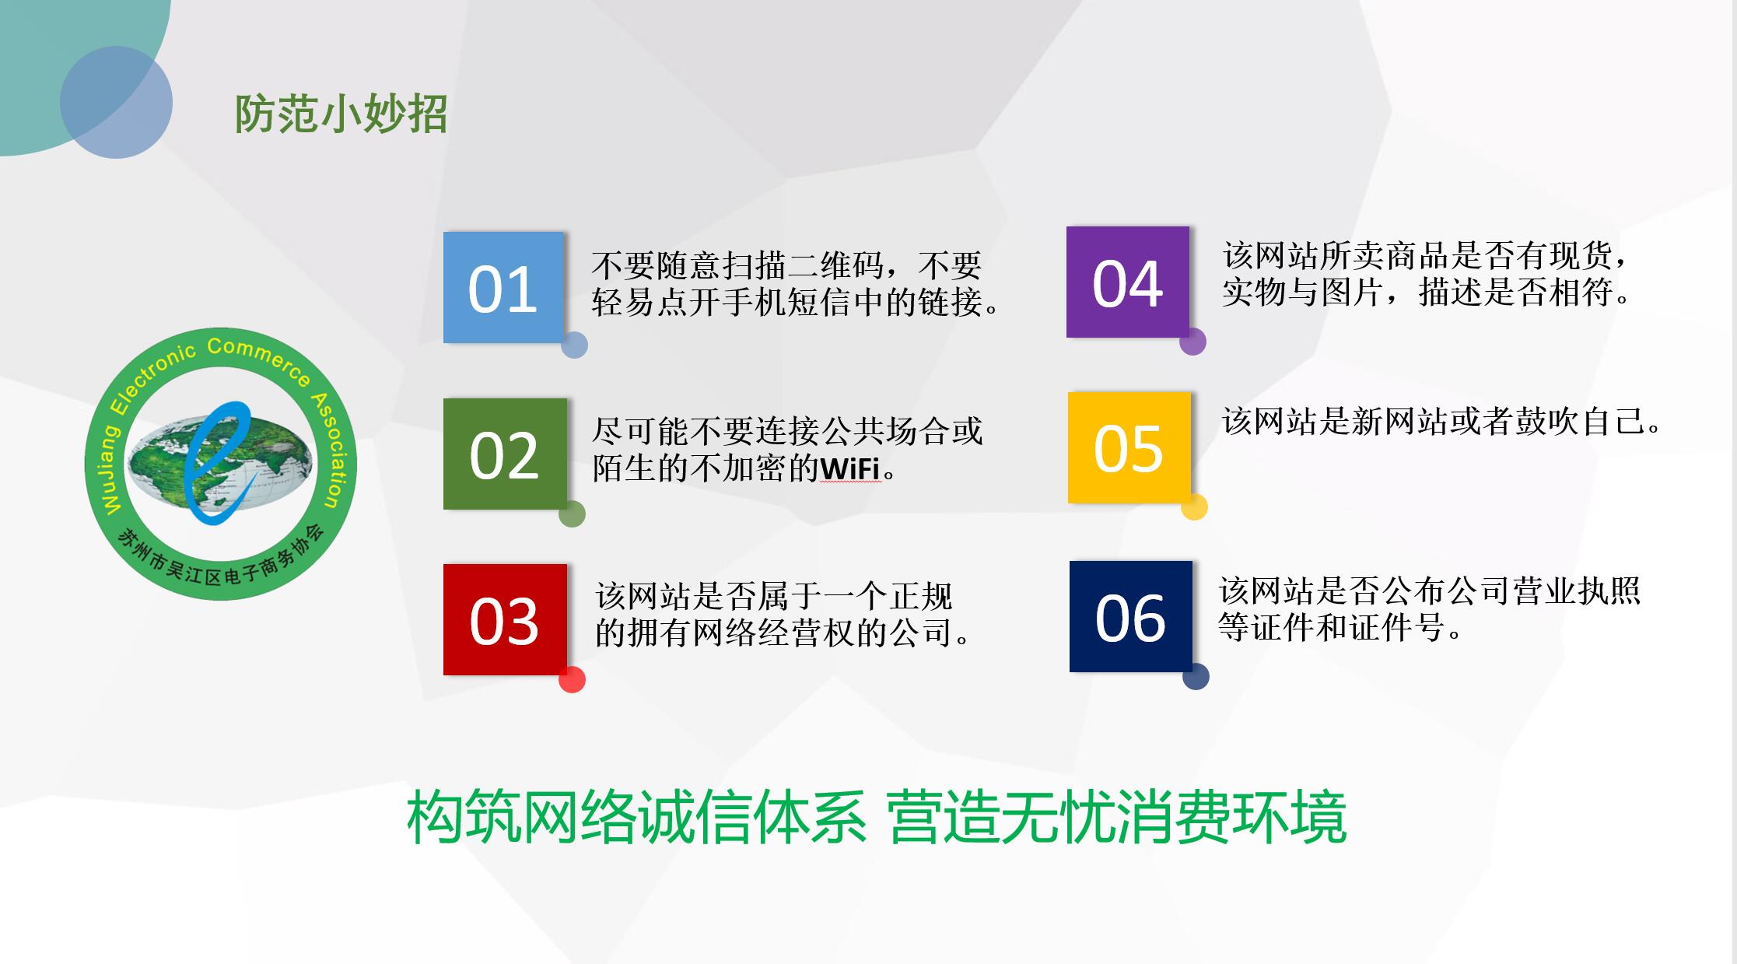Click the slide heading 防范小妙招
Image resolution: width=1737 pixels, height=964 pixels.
341,114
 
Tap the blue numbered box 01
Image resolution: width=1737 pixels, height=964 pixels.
503,287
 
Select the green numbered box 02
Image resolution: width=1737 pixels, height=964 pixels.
505,454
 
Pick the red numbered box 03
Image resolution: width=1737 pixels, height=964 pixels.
505,619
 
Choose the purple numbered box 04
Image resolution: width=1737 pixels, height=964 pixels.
1128,282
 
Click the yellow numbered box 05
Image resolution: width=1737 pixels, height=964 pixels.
1129,447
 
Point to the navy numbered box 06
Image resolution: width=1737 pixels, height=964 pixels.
1131,616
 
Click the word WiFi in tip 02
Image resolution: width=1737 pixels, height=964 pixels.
850,468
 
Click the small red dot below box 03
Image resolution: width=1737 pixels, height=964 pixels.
572,679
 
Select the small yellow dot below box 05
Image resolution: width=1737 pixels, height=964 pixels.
1195,507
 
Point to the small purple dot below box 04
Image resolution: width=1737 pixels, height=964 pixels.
1192,342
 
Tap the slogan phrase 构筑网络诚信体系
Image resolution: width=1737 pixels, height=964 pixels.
637,818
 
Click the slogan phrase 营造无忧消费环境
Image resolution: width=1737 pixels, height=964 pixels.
1117,818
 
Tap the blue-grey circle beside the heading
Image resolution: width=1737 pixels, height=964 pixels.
116,102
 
